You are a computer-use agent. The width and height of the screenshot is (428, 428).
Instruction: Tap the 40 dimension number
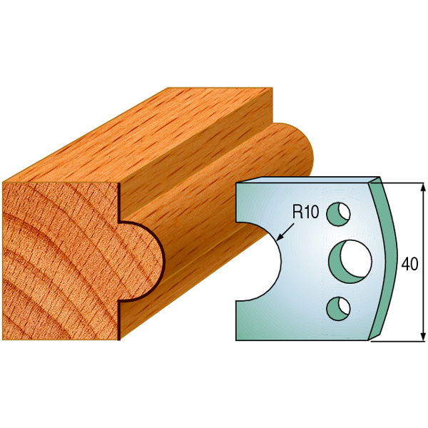point(409,264)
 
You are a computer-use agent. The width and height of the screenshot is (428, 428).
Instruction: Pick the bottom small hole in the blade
point(338,307)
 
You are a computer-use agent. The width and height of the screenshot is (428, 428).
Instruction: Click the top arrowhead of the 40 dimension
point(422,187)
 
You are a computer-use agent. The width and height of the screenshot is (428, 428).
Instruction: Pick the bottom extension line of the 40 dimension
point(396,340)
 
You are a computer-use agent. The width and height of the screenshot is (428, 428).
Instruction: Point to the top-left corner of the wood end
point(4,183)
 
